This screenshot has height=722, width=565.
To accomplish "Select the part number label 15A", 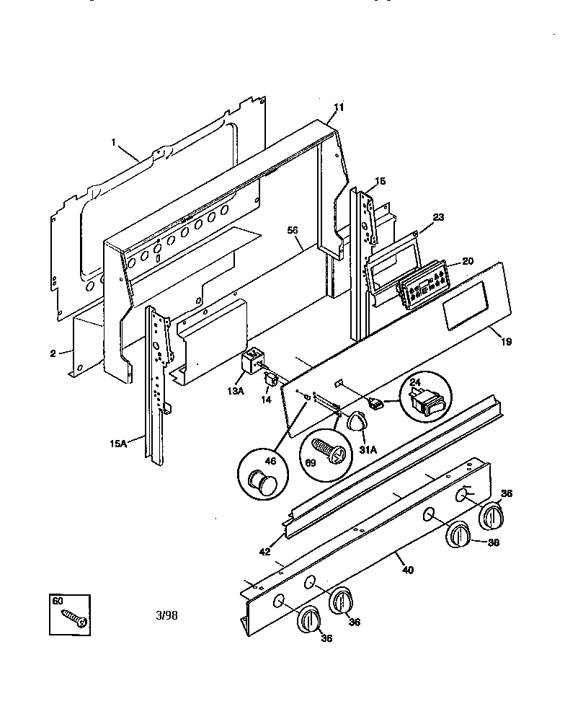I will pyautogui.click(x=119, y=444).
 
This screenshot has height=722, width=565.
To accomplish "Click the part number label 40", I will pyautogui.click(x=407, y=571).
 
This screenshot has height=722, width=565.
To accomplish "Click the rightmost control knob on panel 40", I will pyautogui.click(x=493, y=516).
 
